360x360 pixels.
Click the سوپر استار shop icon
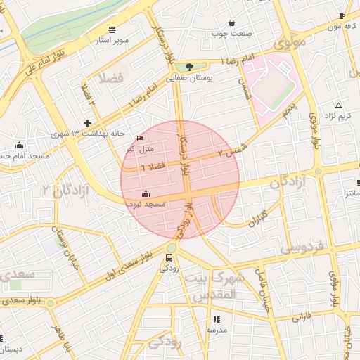coord(112,30)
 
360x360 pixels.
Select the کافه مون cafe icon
coord(342,15)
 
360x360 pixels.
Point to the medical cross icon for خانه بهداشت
coord(87,122)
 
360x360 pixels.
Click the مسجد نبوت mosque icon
coord(146,193)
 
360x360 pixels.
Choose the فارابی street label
coord(300,317)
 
